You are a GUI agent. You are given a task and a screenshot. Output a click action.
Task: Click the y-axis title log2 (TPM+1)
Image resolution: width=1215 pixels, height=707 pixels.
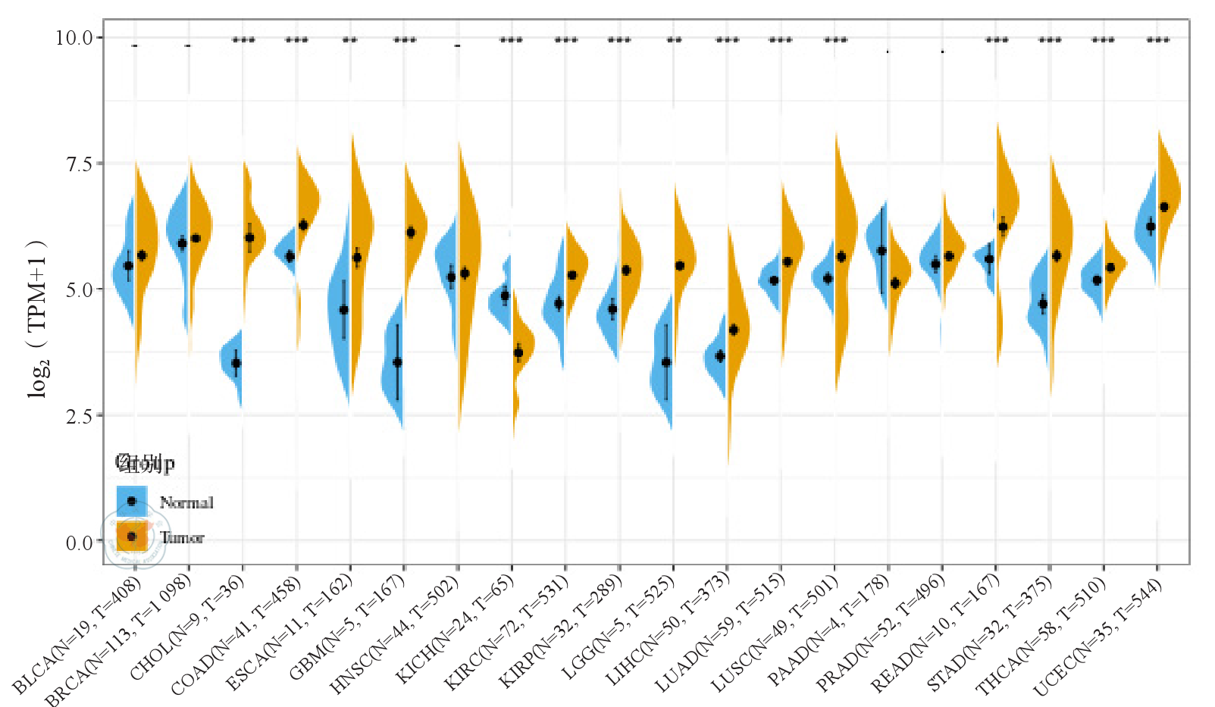click(x=37, y=318)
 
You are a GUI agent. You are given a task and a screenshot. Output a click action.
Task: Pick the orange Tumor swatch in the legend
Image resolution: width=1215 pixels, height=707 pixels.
click(x=132, y=537)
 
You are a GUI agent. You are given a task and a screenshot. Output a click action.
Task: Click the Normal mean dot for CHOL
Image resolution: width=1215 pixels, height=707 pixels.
click(x=236, y=364)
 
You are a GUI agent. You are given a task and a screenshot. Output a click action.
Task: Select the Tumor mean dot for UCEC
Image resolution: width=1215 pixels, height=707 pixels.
click(x=1164, y=207)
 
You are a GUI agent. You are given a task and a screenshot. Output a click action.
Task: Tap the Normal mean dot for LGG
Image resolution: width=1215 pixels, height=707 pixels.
click(x=665, y=362)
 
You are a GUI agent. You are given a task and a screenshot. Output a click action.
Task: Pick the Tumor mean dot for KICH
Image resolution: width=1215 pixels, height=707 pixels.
click(x=518, y=352)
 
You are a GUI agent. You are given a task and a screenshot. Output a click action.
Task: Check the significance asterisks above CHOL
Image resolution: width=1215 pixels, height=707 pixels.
click(x=243, y=40)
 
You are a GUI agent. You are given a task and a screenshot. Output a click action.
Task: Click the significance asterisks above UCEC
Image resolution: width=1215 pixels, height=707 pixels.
click(x=1157, y=40)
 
